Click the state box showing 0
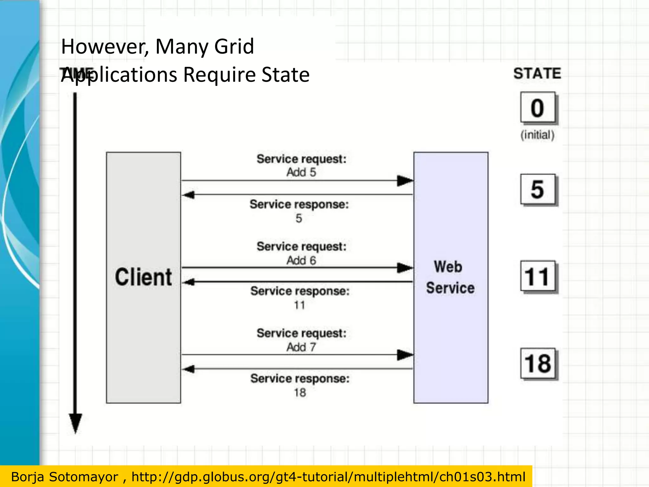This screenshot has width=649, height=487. pyautogui.click(x=538, y=107)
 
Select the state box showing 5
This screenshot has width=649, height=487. pyautogui.click(x=538, y=189)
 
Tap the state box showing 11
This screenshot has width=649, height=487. pyautogui.click(x=538, y=276)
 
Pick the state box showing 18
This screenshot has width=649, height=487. pyautogui.click(x=538, y=363)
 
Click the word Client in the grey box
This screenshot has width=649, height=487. pyautogui.click(x=143, y=277)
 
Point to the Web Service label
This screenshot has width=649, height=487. pyautogui.click(x=450, y=277)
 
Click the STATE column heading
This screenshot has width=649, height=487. pyautogui.click(x=537, y=74)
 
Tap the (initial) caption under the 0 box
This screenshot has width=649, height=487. pyautogui.click(x=537, y=135)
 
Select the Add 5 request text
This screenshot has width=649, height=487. pyautogui.click(x=301, y=172)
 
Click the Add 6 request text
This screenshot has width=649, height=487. pyautogui.click(x=301, y=260)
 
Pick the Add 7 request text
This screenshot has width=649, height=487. pyautogui.click(x=301, y=347)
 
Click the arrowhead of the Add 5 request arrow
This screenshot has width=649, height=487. pyautogui.click(x=405, y=181)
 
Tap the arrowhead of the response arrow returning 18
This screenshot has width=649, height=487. pyautogui.click(x=189, y=369)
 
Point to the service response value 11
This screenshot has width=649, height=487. pyautogui.click(x=299, y=305)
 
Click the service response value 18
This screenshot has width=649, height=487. pyautogui.click(x=300, y=393)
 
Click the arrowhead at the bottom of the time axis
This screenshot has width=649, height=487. pyautogui.click(x=75, y=423)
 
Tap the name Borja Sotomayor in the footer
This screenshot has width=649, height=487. pyautogui.click(x=64, y=477)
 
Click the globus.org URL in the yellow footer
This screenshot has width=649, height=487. pyautogui.click(x=328, y=477)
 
